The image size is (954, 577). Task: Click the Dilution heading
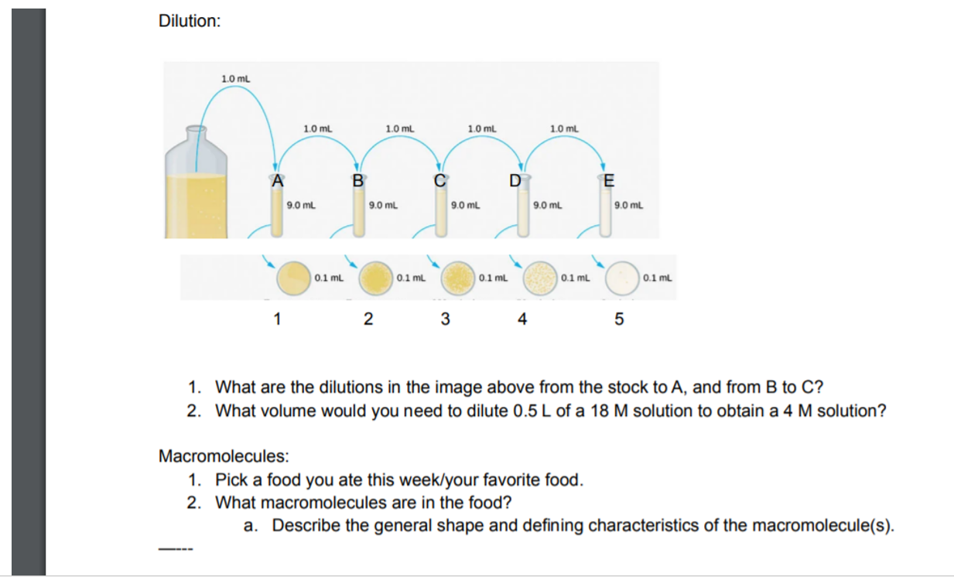point(189,22)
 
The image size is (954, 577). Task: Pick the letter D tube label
point(515,182)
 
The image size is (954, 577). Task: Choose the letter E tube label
point(608,182)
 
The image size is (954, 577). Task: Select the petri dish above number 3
point(457,277)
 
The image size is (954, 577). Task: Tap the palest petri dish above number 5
point(622,277)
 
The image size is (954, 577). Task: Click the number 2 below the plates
point(368,319)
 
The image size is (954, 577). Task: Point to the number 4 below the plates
point(522,319)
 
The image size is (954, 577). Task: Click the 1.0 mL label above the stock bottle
point(235,79)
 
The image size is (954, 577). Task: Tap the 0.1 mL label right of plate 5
point(658,277)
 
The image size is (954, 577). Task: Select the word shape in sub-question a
point(453,526)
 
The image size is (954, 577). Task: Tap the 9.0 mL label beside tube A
point(301,206)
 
